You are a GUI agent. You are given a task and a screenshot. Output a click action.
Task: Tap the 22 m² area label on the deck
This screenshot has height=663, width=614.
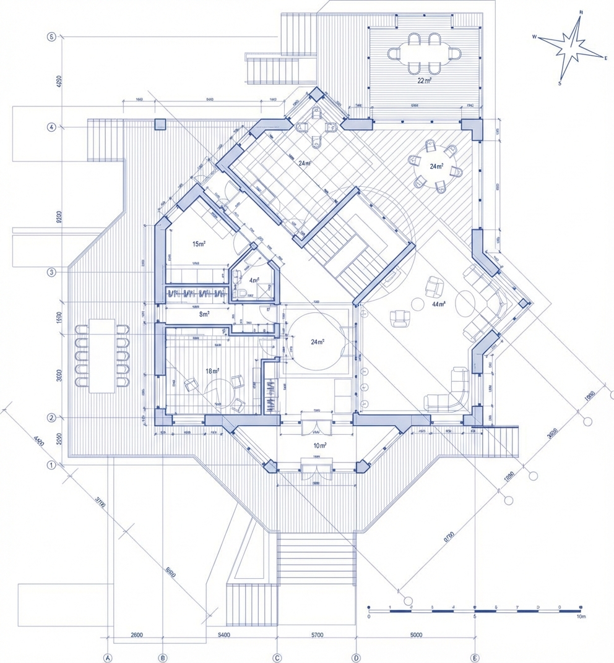point(425,80)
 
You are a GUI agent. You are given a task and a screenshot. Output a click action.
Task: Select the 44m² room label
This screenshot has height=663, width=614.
point(439,304)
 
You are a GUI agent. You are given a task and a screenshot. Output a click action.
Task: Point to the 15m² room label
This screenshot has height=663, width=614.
point(198,244)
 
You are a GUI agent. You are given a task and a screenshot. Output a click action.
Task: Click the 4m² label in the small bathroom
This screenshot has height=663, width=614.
point(254,280)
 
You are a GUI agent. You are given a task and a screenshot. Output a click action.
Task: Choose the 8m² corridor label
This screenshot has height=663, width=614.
point(204,314)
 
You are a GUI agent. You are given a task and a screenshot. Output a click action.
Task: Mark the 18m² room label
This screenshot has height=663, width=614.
point(212,371)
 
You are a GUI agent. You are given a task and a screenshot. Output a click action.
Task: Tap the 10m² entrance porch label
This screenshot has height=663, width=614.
point(320,445)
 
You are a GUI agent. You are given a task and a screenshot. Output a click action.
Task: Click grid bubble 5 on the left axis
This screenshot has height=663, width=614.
point(51,36)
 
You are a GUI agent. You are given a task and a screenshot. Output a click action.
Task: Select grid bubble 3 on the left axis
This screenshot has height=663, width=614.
point(51,272)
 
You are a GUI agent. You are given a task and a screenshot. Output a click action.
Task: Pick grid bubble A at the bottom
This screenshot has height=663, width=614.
point(108,657)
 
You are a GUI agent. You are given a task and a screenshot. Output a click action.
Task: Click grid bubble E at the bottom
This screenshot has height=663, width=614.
point(475,657)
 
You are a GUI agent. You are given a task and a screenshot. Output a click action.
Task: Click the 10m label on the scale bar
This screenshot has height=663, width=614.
point(579,617)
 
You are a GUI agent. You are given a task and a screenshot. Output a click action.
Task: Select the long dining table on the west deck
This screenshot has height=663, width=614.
point(102,356)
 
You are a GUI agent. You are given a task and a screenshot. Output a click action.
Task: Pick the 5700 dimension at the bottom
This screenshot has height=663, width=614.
point(317,635)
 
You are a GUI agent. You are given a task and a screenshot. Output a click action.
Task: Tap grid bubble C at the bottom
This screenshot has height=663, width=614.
point(277,657)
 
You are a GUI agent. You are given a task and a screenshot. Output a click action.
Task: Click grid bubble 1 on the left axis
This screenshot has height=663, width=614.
point(51,464)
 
